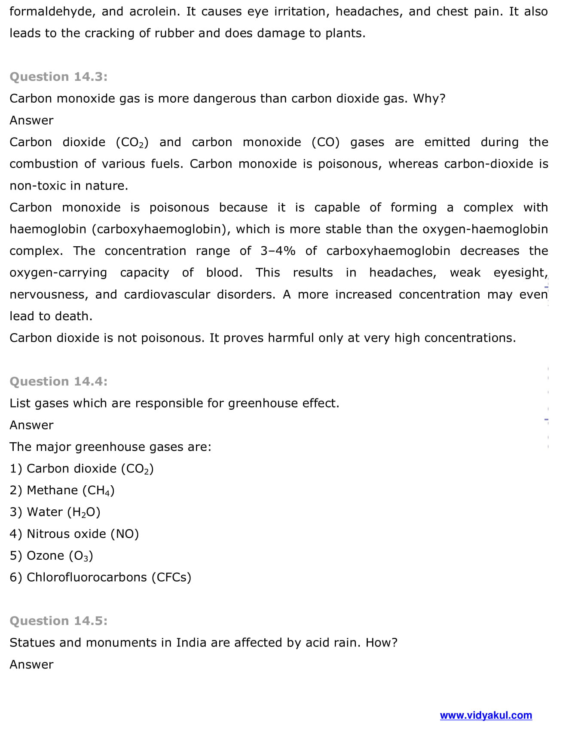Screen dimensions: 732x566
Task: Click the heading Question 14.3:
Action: (x=58, y=77)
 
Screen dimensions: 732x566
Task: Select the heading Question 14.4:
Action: (x=58, y=381)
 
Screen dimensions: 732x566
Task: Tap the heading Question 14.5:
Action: (x=58, y=621)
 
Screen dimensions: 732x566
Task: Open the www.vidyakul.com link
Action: (x=486, y=715)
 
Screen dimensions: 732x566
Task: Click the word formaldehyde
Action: (x=52, y=12)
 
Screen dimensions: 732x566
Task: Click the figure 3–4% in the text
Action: (x=278, y=251)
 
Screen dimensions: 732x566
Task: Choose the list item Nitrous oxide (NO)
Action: (x=74, y=534)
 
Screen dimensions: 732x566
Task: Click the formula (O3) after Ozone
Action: (x=81, y=556)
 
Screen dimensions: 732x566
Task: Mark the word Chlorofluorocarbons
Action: (x=87, y=577)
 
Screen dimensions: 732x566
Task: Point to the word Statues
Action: (x=33, y=643)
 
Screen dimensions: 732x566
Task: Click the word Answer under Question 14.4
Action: (x=31, y=425)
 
